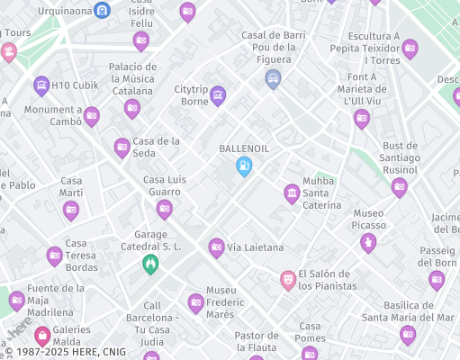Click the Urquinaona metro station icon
[104, 11]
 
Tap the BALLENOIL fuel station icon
[243, 166]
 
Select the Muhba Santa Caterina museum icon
[292, 193]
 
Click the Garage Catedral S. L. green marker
[151, 264]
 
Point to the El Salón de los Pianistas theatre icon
[288, 280]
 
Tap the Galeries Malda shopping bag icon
[41, 335]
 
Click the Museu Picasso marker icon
[367, 242]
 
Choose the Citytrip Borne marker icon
[217, 95]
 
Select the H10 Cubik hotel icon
[41, 85]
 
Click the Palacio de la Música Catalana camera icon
[132, 108]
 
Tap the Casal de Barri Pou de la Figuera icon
[273, 79]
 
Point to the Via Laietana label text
[256, 247]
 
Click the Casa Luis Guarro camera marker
[164, 209]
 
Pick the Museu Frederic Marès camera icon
[195, 302]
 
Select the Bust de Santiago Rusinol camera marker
[399, 187]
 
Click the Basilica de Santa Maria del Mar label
[408, 310]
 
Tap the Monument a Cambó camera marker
[91, 116]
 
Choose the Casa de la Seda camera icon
[122, 148]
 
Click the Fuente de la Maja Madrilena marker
[16, 300]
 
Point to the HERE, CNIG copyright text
[63, 351]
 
